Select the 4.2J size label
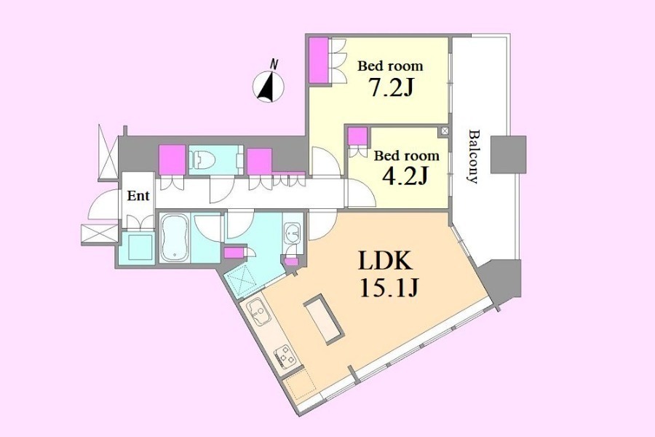point(405,176)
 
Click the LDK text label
point(386,261)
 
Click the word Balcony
point(473,157)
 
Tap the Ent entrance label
point(138,195)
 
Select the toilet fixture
point(203,160)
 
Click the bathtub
point(175,237)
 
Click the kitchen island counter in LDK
point(324,319)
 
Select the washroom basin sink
point(293,232)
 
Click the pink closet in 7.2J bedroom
point(319,60)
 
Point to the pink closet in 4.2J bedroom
point(357,136)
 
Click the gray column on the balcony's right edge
point(508,154)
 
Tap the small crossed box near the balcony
point(445,131)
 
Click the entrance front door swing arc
point(101,205)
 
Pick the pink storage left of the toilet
point(172,160)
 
